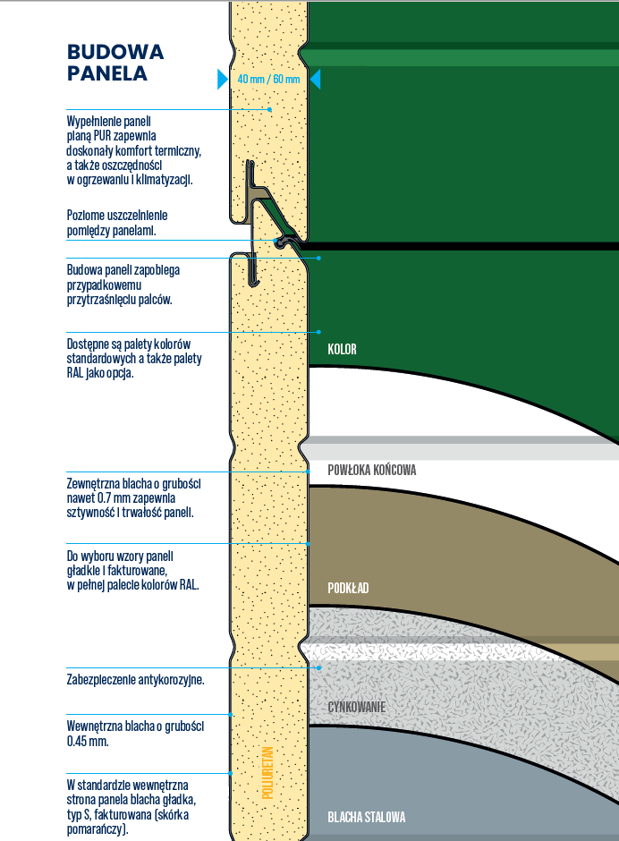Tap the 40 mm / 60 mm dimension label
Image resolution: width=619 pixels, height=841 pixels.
(x=268, y=80)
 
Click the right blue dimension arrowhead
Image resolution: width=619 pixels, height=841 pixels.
(x=315, y=80)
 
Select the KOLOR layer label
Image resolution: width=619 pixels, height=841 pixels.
(x=342, y=349)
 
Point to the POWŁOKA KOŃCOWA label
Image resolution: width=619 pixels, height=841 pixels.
(x=372, y=470)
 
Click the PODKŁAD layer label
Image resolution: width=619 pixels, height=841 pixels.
(x=349, y=588)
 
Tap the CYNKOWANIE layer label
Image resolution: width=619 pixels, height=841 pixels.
(x=356, y=708)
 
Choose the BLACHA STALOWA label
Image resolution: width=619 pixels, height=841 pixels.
(x=367, y=817)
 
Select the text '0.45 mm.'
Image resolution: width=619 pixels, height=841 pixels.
(x=88, y=742)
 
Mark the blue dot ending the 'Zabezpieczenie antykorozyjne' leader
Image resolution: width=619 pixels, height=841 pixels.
(x=318, y=667)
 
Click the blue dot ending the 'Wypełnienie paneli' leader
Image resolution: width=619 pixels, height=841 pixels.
(x=270, y=109)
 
